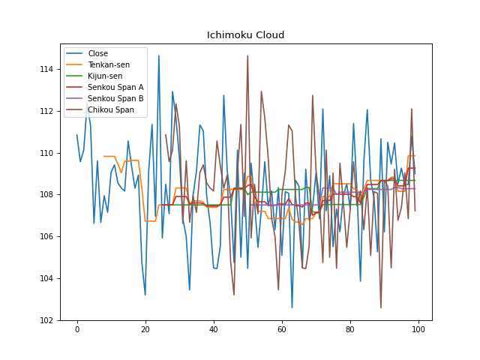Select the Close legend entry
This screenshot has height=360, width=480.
(x=97, y=53)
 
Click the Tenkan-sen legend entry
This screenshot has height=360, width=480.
(x=109, y=64)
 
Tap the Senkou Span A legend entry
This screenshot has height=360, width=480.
(x=115, y=87)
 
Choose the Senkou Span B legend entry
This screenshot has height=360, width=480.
(x=115, y=98)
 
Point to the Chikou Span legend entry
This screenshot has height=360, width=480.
(x=111, y=109)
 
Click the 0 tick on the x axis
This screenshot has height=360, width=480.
(x=76, y=331)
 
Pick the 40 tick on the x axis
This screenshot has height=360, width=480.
(x=214, y=331)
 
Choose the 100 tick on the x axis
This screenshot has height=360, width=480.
(x=418, y=331)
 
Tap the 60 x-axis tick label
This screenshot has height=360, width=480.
(x=282, y=331)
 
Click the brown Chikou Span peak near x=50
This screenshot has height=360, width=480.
(x=247, y=55)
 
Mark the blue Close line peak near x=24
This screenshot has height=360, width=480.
(x=158, y=55)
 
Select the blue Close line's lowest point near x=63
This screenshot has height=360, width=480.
(x=292, y=307)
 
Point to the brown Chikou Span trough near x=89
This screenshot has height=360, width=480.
(x=381, y=307)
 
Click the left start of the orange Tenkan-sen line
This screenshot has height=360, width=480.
(x=104, y=156)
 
